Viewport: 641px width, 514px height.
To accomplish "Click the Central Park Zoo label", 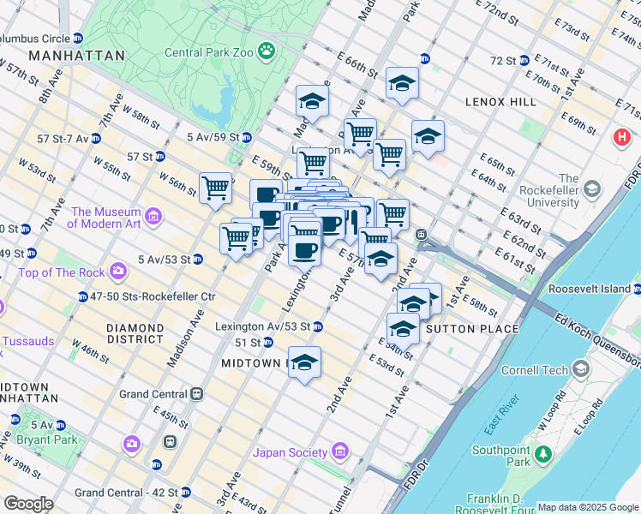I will pyautogui.click(x=209, y=51).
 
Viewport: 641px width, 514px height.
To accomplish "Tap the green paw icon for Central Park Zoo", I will pyautogui.click(x=267, y=51).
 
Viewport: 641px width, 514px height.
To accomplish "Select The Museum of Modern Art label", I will pyautogui.click(x=106, y=218).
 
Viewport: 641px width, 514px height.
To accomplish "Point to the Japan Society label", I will pyautogui.click(x=291, y=452).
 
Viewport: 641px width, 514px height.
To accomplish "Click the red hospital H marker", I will pyautogui.click(x=622, y=137).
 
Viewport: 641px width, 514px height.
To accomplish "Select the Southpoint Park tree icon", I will pyautogui.click(x=542, y=452).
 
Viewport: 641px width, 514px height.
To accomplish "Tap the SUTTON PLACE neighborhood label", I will pyautogui.click(x=471, y=329).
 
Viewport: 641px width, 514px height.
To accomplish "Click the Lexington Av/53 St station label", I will pyautogui.click(x=262, y=326).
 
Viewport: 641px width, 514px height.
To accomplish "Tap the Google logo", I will pyautogui.click(x=27, y=504).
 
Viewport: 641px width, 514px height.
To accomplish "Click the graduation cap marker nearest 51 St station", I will pyautogui.click(x=304, y=362).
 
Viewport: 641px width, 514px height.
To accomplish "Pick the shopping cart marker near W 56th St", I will pyautogui.click(x=215, y=188).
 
